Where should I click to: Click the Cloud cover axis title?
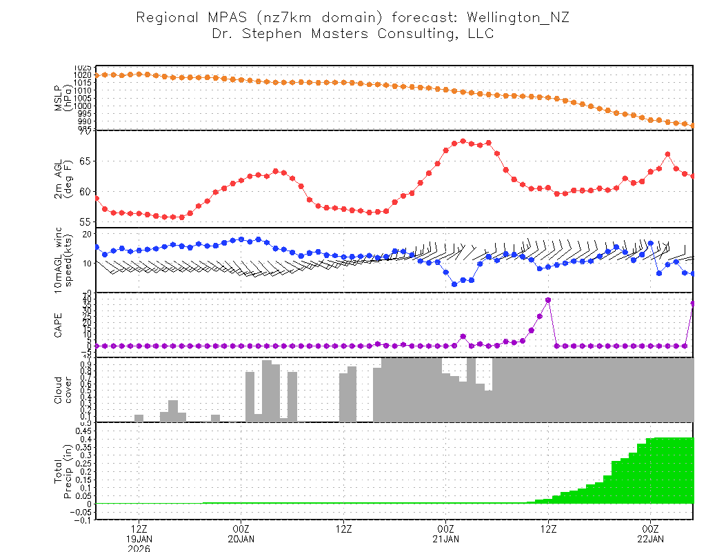tap(63, 390)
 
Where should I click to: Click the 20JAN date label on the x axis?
tap(240, 538)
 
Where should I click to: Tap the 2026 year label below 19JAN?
tap(139, 549)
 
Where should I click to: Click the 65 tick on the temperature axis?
tap(85, 161)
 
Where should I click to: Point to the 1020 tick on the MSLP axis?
tap(83, 75)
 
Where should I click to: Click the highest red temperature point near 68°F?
tap(463, 141)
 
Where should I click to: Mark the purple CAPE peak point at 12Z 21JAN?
tap(548, 300)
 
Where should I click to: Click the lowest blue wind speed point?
tap(454, 284)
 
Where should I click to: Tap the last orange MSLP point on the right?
tap(693, 126)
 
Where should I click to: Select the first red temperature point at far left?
tap(97, 199)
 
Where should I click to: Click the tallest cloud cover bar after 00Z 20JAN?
tap(266, 391)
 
